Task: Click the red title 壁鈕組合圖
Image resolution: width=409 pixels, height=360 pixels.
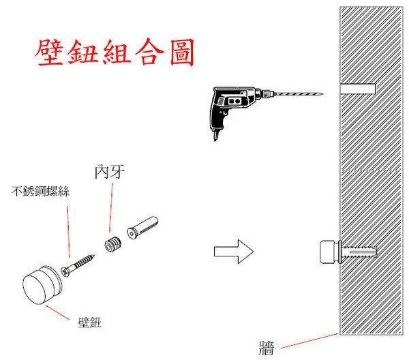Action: (114, 51)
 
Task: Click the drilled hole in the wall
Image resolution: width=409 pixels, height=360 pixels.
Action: (359, 88)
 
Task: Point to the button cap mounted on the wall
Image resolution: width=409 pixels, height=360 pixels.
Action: (330, 253)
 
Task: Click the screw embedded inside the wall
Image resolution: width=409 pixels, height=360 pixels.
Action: (359, 254)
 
